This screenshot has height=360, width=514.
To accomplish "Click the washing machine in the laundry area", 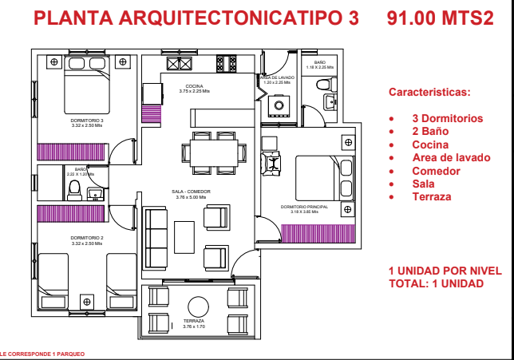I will pyautogui.click(x=279, y=103).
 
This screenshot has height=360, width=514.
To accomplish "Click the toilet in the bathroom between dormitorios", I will pyautogui.click(x=74, y=188).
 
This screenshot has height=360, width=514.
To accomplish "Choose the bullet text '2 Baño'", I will pyautogui.click(x=429, y=131).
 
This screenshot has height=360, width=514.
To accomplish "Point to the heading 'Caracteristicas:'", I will pyautogui.click(x=429, y=92).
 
